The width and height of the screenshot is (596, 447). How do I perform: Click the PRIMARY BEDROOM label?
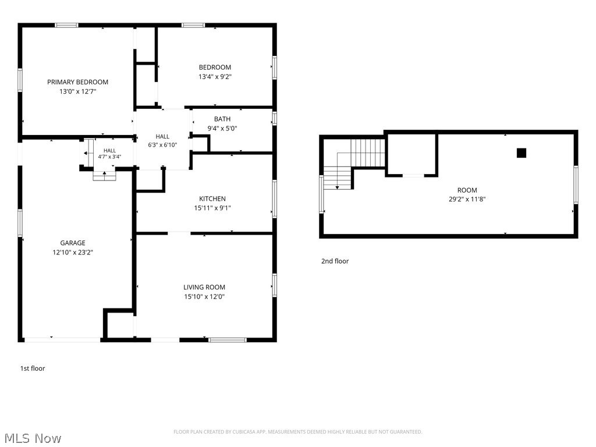point(77,82)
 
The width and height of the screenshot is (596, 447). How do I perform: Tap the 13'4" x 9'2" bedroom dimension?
point(215,77)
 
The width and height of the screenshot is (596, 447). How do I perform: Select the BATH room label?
point(222,119)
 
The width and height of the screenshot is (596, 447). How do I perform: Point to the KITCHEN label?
point(212,199)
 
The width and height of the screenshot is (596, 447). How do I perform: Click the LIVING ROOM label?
point(204,288)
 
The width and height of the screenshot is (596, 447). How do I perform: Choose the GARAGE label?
point(73,243)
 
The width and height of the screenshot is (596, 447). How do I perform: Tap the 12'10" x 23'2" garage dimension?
point(73,253)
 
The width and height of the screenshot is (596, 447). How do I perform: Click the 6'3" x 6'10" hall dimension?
point(162,145)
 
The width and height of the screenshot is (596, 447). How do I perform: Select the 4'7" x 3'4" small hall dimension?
point(109,157)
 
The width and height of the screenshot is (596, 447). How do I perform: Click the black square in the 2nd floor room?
point(521,153)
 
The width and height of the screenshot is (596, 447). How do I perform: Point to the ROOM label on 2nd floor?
point(467,190)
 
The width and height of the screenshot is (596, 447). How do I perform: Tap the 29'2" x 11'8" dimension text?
point(467,199)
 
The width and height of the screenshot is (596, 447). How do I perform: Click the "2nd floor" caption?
point(335,261)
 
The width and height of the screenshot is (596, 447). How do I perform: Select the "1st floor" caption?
point(33,368)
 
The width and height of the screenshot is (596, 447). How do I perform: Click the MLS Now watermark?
point(33,438)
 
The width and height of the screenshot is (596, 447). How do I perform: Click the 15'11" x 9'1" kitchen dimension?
point(212,208)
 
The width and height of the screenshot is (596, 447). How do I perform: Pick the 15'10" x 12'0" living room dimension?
point(204,297)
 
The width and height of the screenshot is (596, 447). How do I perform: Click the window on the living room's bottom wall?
point(228,340)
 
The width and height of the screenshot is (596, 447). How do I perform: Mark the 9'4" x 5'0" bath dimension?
point(222,129)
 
